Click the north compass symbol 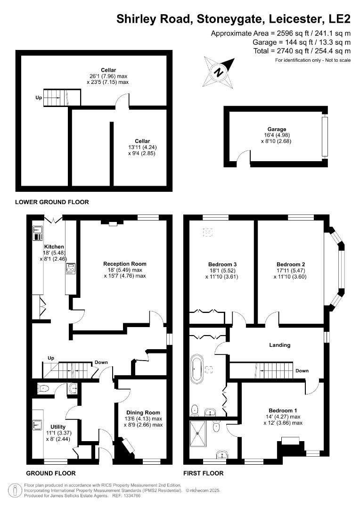[x=219, y=72]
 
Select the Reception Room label [x=125, y=264]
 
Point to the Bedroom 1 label [x=283, y=410]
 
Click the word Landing [x=279, y=345]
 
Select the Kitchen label [x=54, y=247]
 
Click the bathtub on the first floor [x=196, y=369]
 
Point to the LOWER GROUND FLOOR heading [x=52, y=202]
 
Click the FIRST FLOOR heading [x=203, y=473]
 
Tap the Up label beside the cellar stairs [x=39, y=98]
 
